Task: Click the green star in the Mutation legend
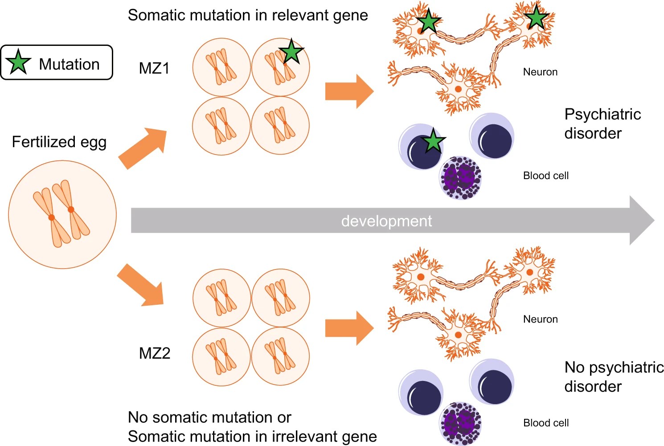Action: (18, 62)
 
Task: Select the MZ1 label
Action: (154, 68)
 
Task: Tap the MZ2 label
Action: (155, 353)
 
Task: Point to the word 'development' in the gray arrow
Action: (386, 221)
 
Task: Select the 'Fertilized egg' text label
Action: (59, 142)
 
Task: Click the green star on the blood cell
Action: (433, 142)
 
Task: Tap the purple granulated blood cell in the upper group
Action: (461, 177)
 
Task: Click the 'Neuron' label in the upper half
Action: (540, 72)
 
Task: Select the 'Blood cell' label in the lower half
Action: (545, 423)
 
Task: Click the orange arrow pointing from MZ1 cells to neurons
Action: (349, 91)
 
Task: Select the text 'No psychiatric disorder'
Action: (613, 376)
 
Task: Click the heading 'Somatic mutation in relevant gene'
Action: (248, 15)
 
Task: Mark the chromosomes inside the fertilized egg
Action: (61, 214)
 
